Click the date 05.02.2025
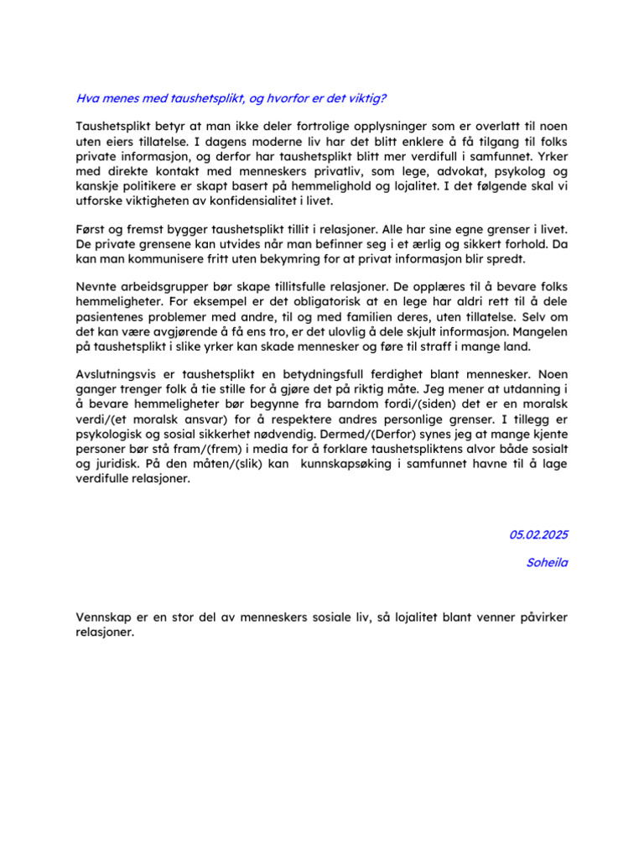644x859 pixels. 538,534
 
